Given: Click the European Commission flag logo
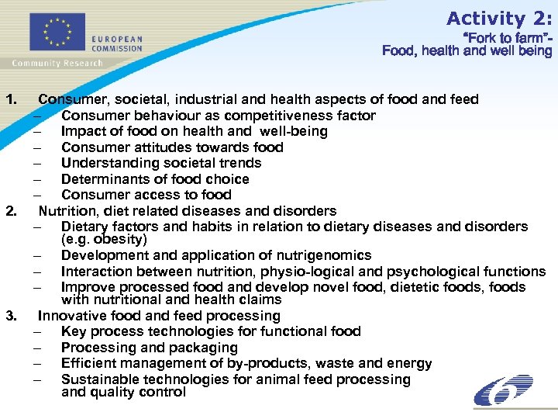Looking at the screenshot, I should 56,33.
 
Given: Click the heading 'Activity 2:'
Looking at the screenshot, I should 499,19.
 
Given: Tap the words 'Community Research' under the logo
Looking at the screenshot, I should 57,63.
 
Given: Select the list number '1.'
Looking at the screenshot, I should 12,99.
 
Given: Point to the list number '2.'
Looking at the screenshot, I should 12,211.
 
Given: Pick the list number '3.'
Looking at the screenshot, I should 12,316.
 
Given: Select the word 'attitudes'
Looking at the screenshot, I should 164,147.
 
